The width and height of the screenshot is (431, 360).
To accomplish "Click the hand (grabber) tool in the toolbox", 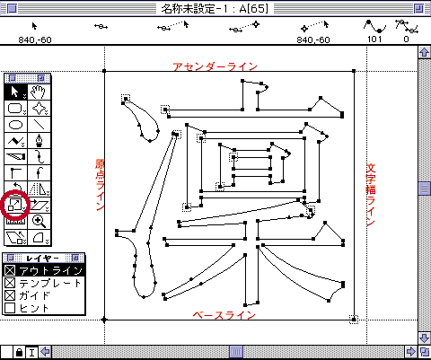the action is tap(39, 92).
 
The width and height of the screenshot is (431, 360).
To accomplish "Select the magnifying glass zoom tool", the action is tap(39, 222).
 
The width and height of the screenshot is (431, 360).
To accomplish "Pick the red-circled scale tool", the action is tap(15, 205).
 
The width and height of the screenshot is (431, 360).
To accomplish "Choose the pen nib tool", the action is tap(39, 140).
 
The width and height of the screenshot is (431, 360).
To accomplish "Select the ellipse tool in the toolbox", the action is tap(15, 124).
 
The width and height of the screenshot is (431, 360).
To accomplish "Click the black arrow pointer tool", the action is tap(15, 92).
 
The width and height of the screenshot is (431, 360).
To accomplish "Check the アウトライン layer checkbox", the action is tap(10, 270).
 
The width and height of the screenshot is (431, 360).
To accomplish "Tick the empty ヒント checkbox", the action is tap(10, 308).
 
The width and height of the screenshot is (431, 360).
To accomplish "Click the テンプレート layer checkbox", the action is tap(10, 283).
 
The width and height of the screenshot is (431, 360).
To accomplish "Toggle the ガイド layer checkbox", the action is tap(10, 295).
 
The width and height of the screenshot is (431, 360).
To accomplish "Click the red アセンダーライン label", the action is tap(215, 66).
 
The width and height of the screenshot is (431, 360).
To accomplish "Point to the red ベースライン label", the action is tap(224, 315).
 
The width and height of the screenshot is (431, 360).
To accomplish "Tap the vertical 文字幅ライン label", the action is tap(371, 195).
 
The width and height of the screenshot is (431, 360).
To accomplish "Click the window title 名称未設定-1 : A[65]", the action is tap(215, 8).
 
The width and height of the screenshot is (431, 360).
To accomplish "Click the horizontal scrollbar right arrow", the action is tap(411, 351).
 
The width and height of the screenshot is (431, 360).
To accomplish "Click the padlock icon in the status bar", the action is tap(19, 352).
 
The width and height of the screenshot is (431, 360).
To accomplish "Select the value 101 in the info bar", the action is tap(374, 40).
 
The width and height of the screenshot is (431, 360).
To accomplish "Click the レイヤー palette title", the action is tap(42, 258).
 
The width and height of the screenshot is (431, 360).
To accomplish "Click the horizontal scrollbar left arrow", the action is tap(45, 351).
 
